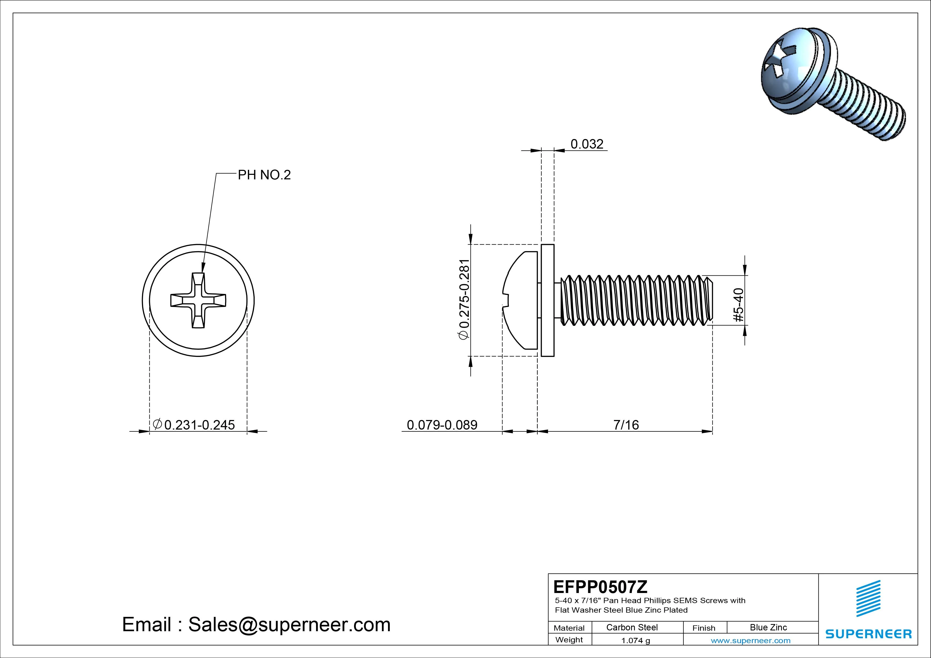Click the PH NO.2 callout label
click(x=264, y=175)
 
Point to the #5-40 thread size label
click(x=739, y=305)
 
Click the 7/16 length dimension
click(x=626, y=425)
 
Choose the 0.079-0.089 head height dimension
click(x=442, y=425)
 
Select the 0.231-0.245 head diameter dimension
click(x=199, y=425)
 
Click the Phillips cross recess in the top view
click(x=198, y=300)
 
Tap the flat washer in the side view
click(x=548, y=300)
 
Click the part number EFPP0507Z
click(x=600, y=587)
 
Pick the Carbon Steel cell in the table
click(x=632, y=627)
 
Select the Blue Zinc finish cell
click(x=768, y=627)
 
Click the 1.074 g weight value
click(x=635, y=640)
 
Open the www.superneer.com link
click(x=751, y=640)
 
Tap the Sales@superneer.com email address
click(x=289, y=624)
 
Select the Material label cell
click(x=569, y=627)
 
